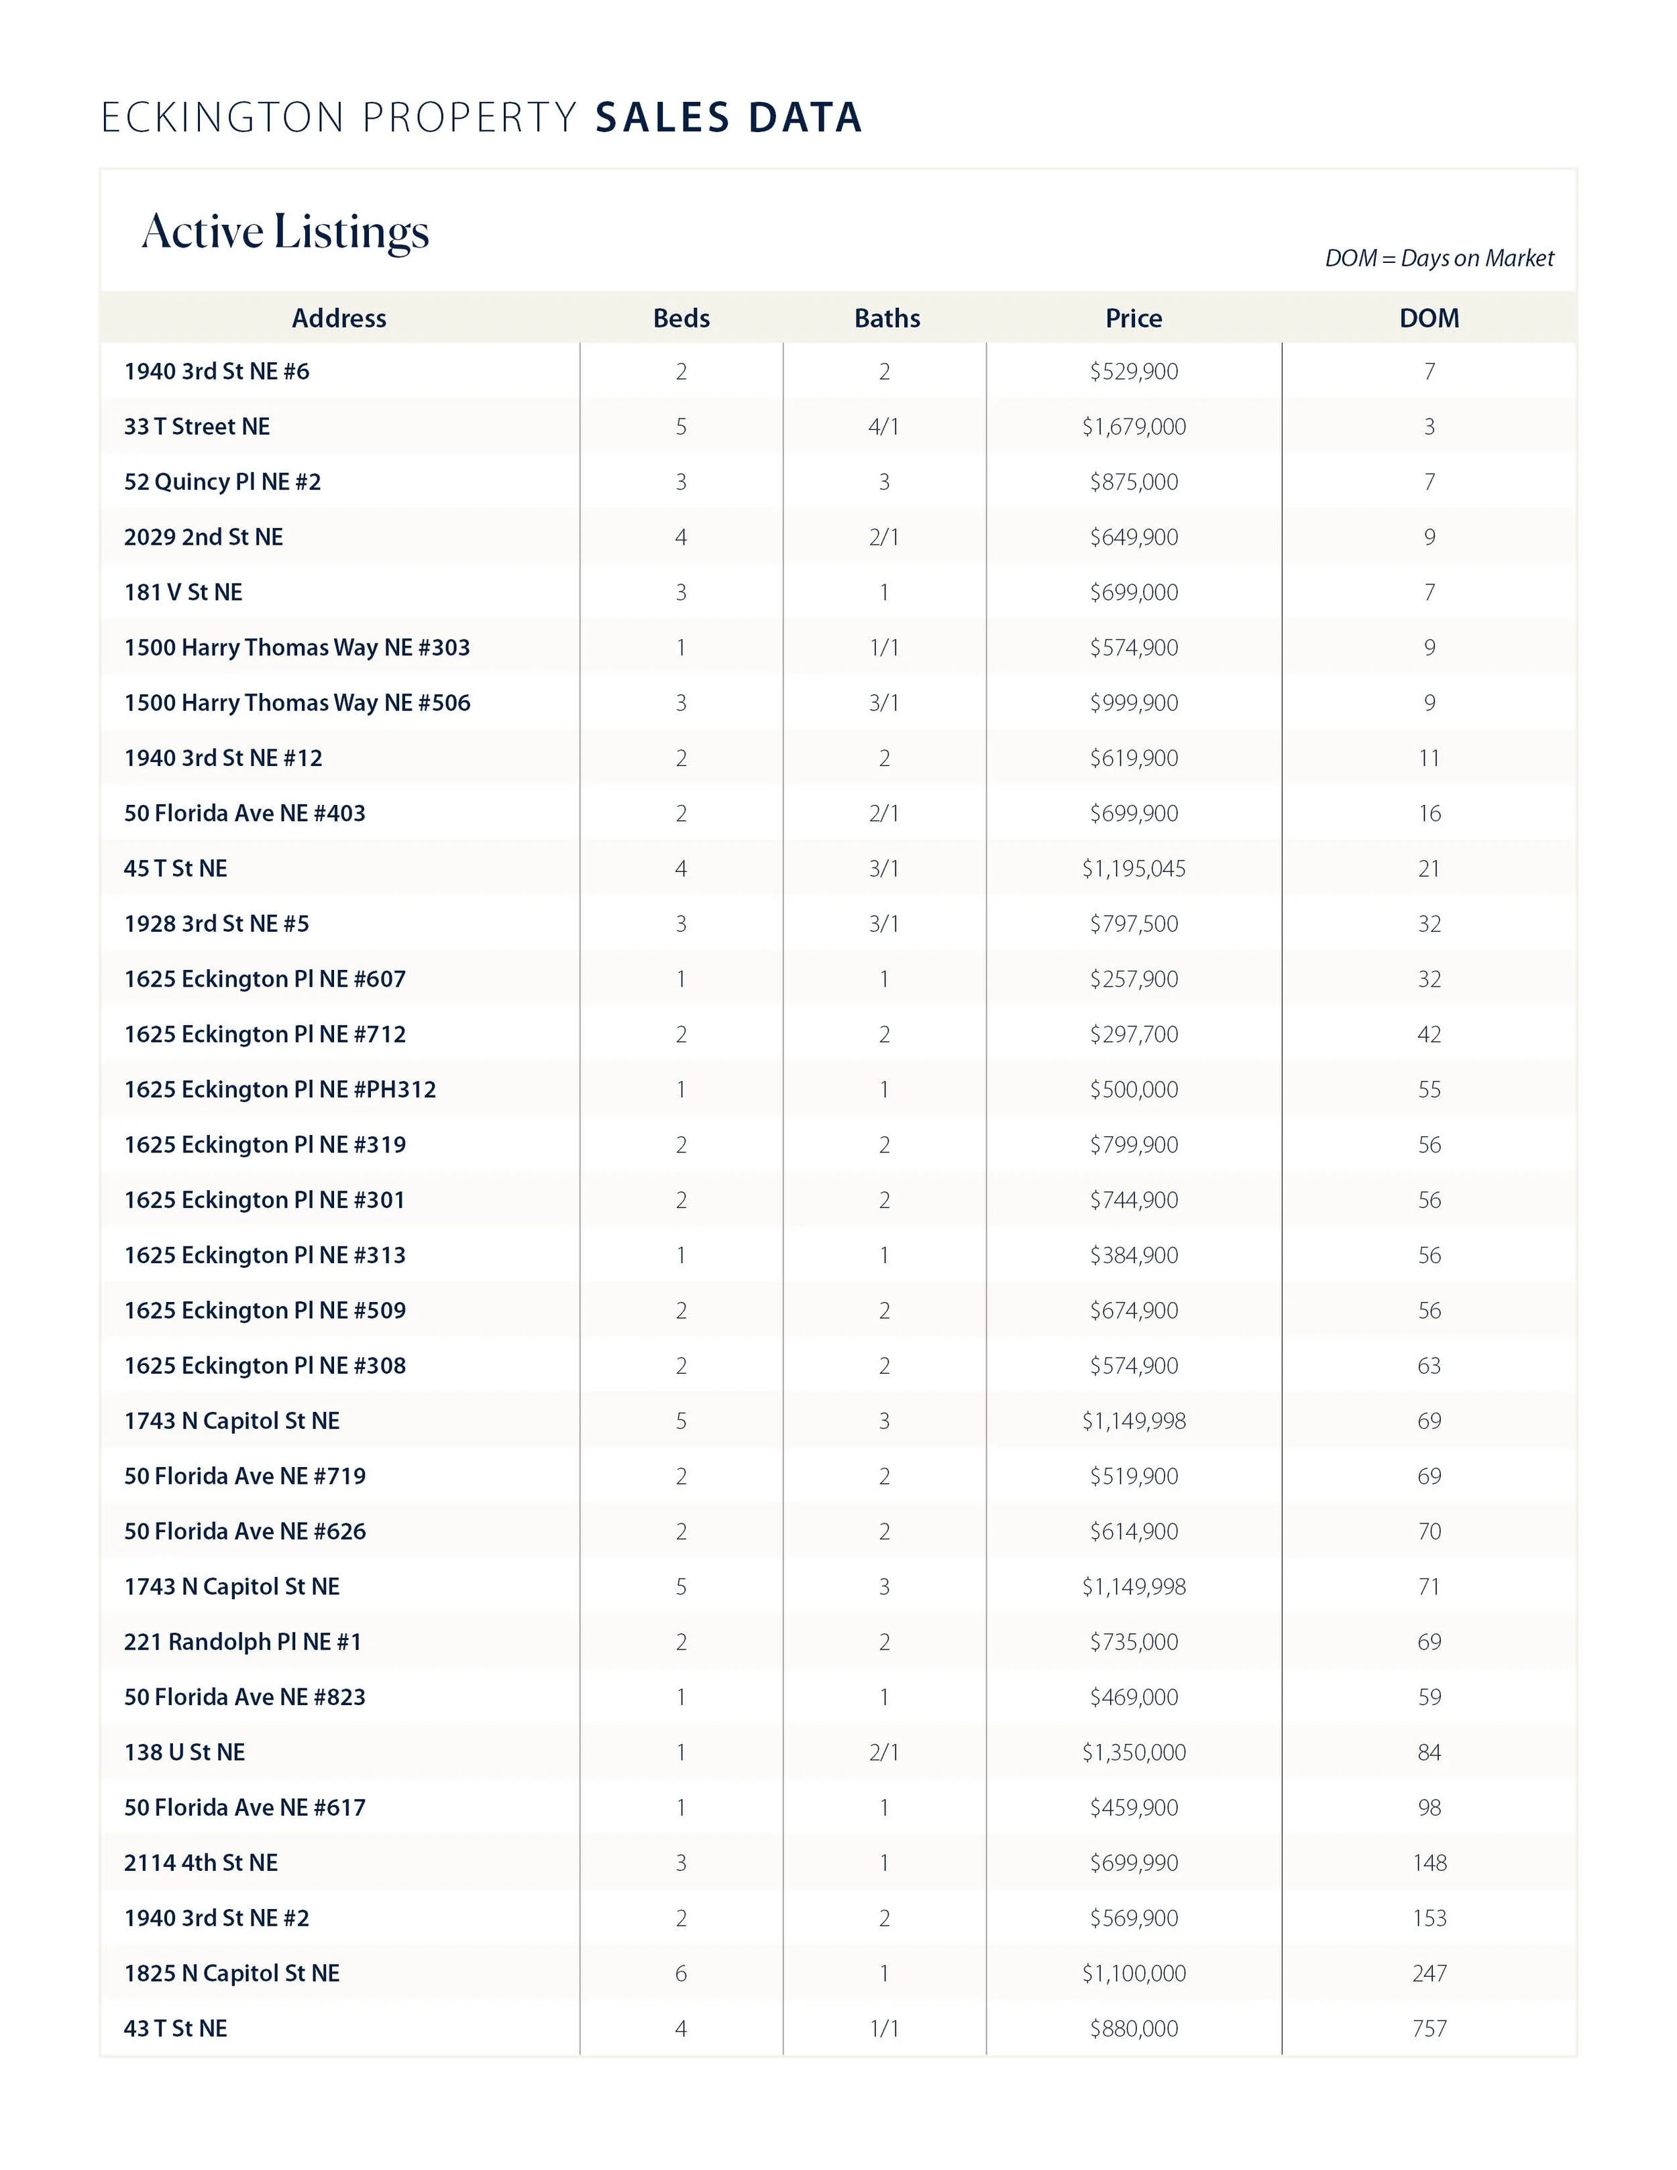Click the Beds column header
(681, 318)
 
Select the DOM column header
(1429, 318)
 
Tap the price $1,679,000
(1134, 426)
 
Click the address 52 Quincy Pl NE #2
(223, 482)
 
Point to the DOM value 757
(1429, 2028)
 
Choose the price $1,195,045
(1134, 869)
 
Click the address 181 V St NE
(183, 592)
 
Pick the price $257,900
(1134, 979)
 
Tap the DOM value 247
(1429, 1973)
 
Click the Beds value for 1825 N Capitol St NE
(681, 1973)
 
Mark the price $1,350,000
(1134, 1751)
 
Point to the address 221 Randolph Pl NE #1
(242, 1641)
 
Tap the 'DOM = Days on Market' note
(1439, 258)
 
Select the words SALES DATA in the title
(728, 117)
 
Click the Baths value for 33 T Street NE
(883, 426)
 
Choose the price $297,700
(1134, 1034)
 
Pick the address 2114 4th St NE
(201, 1863)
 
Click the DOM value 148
(1429, 1863)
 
